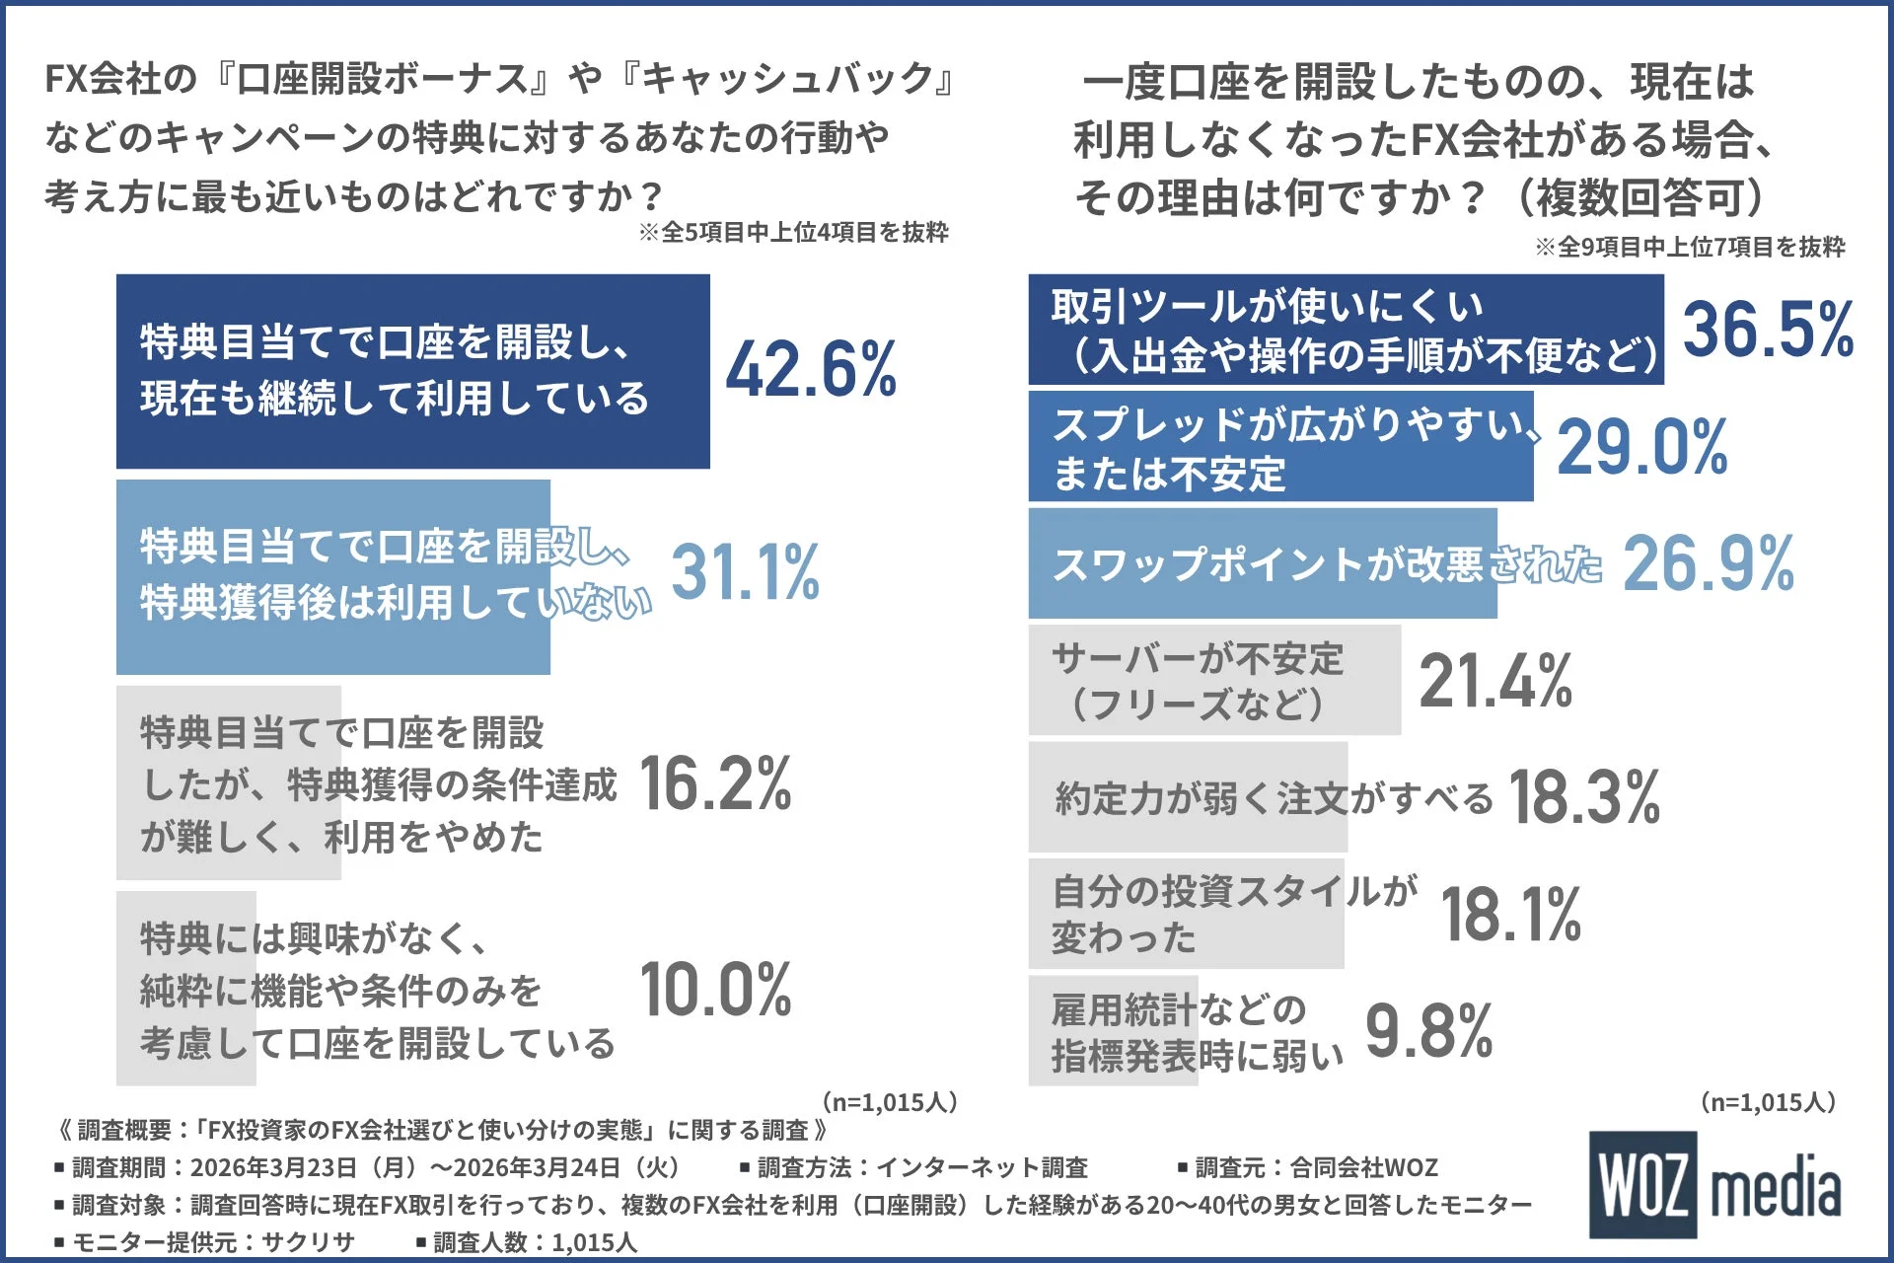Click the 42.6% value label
[x=811, y=369]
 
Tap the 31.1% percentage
[x=745, y=572]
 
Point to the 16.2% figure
[x=715, y=783]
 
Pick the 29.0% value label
[x=1641, y=447]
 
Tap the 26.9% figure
[x=1708, y=563]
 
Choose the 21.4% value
[x=1494, y=681]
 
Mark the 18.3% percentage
[x=1584, y=797]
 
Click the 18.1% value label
[x=1510, y=914]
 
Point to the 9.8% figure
[x=1428, y=1031]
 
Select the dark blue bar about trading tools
[x=1345, y=330]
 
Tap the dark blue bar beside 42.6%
[x=412, y=371]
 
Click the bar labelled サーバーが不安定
[x=1213, y=680]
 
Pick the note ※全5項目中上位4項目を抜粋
[x=793, y=233]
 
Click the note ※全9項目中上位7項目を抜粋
[x=1689, y=247]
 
